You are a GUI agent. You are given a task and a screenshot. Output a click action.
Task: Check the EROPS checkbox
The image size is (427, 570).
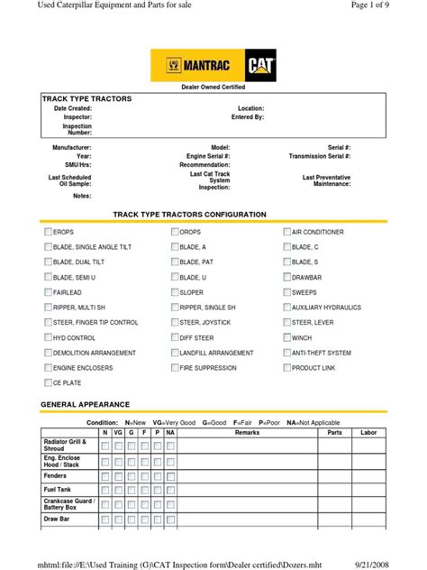pos(49,232)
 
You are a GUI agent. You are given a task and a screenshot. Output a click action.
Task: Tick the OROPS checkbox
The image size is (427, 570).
pos(175,232)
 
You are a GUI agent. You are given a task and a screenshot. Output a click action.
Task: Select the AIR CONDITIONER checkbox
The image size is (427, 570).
pos(287,232)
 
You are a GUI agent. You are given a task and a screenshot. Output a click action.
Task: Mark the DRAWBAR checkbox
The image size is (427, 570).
pos(287,278)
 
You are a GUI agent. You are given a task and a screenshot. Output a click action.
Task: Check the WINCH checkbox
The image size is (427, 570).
pos(287,338)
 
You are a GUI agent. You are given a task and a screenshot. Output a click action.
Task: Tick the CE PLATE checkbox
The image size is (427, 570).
pos(49,383)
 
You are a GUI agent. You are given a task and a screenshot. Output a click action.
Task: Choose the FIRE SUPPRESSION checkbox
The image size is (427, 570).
pos(175,368)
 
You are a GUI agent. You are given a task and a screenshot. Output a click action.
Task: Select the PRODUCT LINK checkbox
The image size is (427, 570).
pos(287,368)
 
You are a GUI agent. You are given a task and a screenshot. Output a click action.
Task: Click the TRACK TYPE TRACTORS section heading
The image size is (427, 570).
pos(86,97)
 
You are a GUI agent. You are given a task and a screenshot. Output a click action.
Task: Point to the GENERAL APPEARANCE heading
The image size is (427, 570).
pos(86,404)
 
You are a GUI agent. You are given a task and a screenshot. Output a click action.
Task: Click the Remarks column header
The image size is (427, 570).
pos(247,433)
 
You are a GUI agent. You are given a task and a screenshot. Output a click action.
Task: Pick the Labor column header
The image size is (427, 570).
pos(368,433)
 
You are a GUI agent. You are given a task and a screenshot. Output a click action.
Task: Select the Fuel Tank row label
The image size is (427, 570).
pos(58,489)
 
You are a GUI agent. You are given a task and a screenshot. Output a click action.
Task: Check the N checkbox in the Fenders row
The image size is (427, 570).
pos(105,475)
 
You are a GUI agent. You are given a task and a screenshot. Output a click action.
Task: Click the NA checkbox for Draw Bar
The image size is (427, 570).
pos(170,519)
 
